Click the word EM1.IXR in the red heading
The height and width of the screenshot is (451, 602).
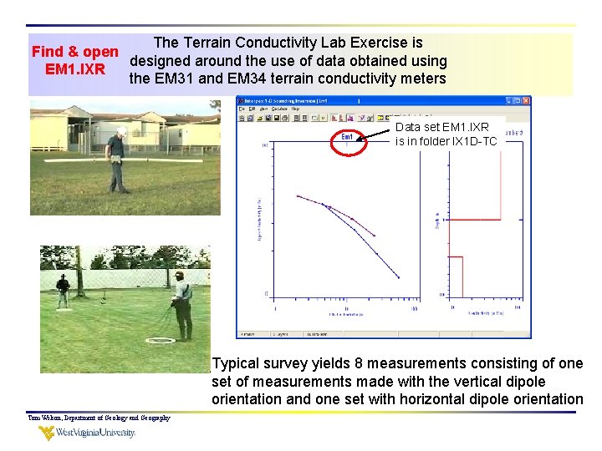click(75, 69)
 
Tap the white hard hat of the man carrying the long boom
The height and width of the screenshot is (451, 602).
click(122, 131)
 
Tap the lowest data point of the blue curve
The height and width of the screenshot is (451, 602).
click(398, 277)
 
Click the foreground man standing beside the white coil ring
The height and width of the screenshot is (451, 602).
click(181, 305)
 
